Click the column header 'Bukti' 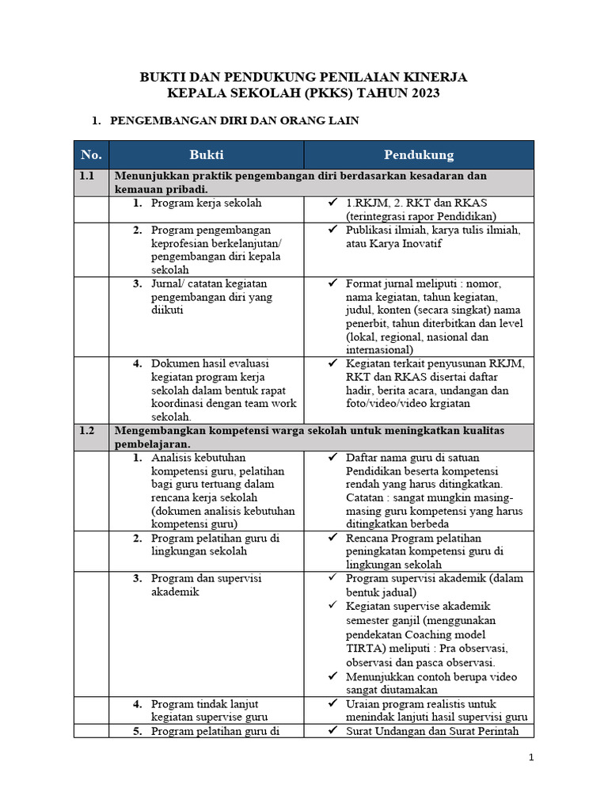click(x=206, y=154)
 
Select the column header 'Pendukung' click(x=419, y=154)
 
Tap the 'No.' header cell click(x=92, y=154)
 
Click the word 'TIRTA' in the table click(x=363, y=648)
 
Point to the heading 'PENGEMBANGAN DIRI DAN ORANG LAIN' click(x=235, y=120)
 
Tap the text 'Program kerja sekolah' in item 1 click(x=206, y=203)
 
